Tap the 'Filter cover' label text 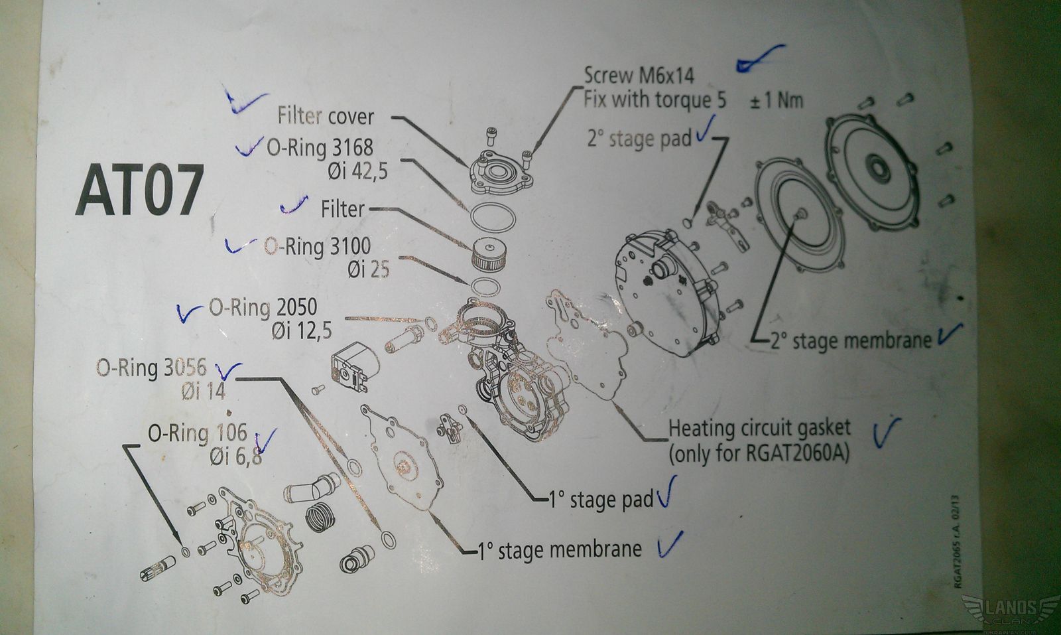pyautogui.click(x=325, y=116)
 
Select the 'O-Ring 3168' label pyautogui.click(x=320, y=147)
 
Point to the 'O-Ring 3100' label pyautogui.click(x=317, y=246)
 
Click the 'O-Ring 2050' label pyautogui.click(x=263, y=307)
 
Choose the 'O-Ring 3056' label pyautogui.click(x=151, y=368)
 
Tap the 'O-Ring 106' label pyautogui.click(x=197, y=433)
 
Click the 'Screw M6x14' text pyautogui.click(x=639, y=75)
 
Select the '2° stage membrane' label pyautogui.click(x=851, y=340)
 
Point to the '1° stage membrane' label pyautogui.click(x=560, y=549)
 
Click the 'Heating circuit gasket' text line pyautogui.click(x=759, y=427)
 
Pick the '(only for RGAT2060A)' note pyautogui.click(x=759, y=454)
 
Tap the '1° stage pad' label pyautogui.click(x=601, y=498)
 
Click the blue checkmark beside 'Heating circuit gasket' pyautogui.click(x=885, y=432)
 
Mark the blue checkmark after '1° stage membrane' pyautogui.click(x=669, y=545)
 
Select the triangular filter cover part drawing pyautogui.click(x=499, y=172)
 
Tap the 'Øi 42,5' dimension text pyautogui.click(x=357, y=171)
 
